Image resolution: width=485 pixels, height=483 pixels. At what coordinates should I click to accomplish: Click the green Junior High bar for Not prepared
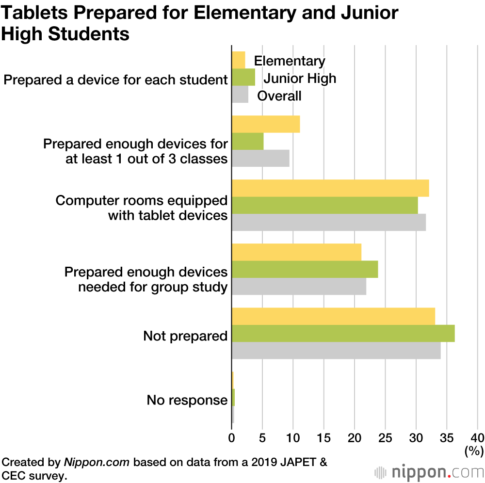[343, 334]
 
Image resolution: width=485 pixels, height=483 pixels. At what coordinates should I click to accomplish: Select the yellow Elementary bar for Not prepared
[333, 316]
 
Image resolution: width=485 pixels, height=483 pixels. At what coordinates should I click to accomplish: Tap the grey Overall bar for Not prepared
[336, 351]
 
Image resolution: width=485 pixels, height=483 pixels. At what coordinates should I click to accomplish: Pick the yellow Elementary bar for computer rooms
[330, 188]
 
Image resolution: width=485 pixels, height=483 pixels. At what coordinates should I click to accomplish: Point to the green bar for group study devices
[305, 269]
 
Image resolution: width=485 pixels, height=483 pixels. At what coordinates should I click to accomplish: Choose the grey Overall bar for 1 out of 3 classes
[260, 158]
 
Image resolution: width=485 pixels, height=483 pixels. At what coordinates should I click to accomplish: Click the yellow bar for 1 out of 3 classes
[266, 124]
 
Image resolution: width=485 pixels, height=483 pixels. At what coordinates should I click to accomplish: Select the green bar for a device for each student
[243, 77]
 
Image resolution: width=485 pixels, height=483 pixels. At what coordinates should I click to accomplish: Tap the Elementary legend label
[290, 61]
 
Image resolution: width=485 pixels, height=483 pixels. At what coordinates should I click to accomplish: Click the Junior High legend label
[300, 78]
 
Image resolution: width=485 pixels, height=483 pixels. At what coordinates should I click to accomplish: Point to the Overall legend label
[279, 96]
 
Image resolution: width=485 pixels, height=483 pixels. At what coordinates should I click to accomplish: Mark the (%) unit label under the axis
[474, 451]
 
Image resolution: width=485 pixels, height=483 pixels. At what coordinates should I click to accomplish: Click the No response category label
[187, 401]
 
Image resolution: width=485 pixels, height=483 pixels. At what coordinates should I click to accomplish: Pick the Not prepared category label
[185, 336]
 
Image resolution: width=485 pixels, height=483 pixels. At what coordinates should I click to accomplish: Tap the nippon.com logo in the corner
[428, 471]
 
